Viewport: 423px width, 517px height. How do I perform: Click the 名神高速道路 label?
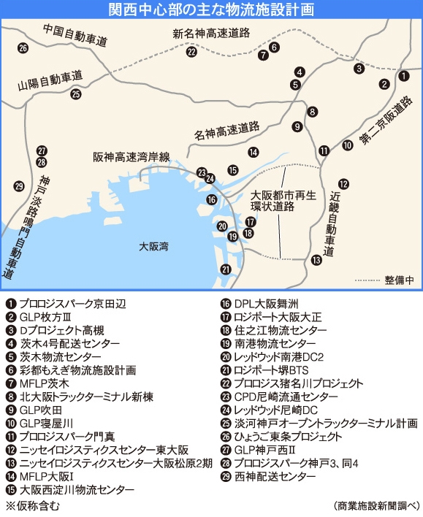coord(227,131)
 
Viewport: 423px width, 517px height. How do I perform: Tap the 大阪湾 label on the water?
coord(153,247)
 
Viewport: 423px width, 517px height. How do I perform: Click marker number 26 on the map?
coord(23,48)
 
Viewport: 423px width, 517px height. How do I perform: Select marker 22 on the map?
coord(191,52)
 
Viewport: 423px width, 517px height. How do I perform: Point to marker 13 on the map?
coord(316,259)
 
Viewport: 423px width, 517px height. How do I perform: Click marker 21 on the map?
coord(226,269)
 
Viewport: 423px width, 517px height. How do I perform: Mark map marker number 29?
coord(19,185)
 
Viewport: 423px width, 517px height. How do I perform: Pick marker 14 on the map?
coord(253,153)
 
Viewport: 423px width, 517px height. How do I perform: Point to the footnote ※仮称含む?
coord(33,505)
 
